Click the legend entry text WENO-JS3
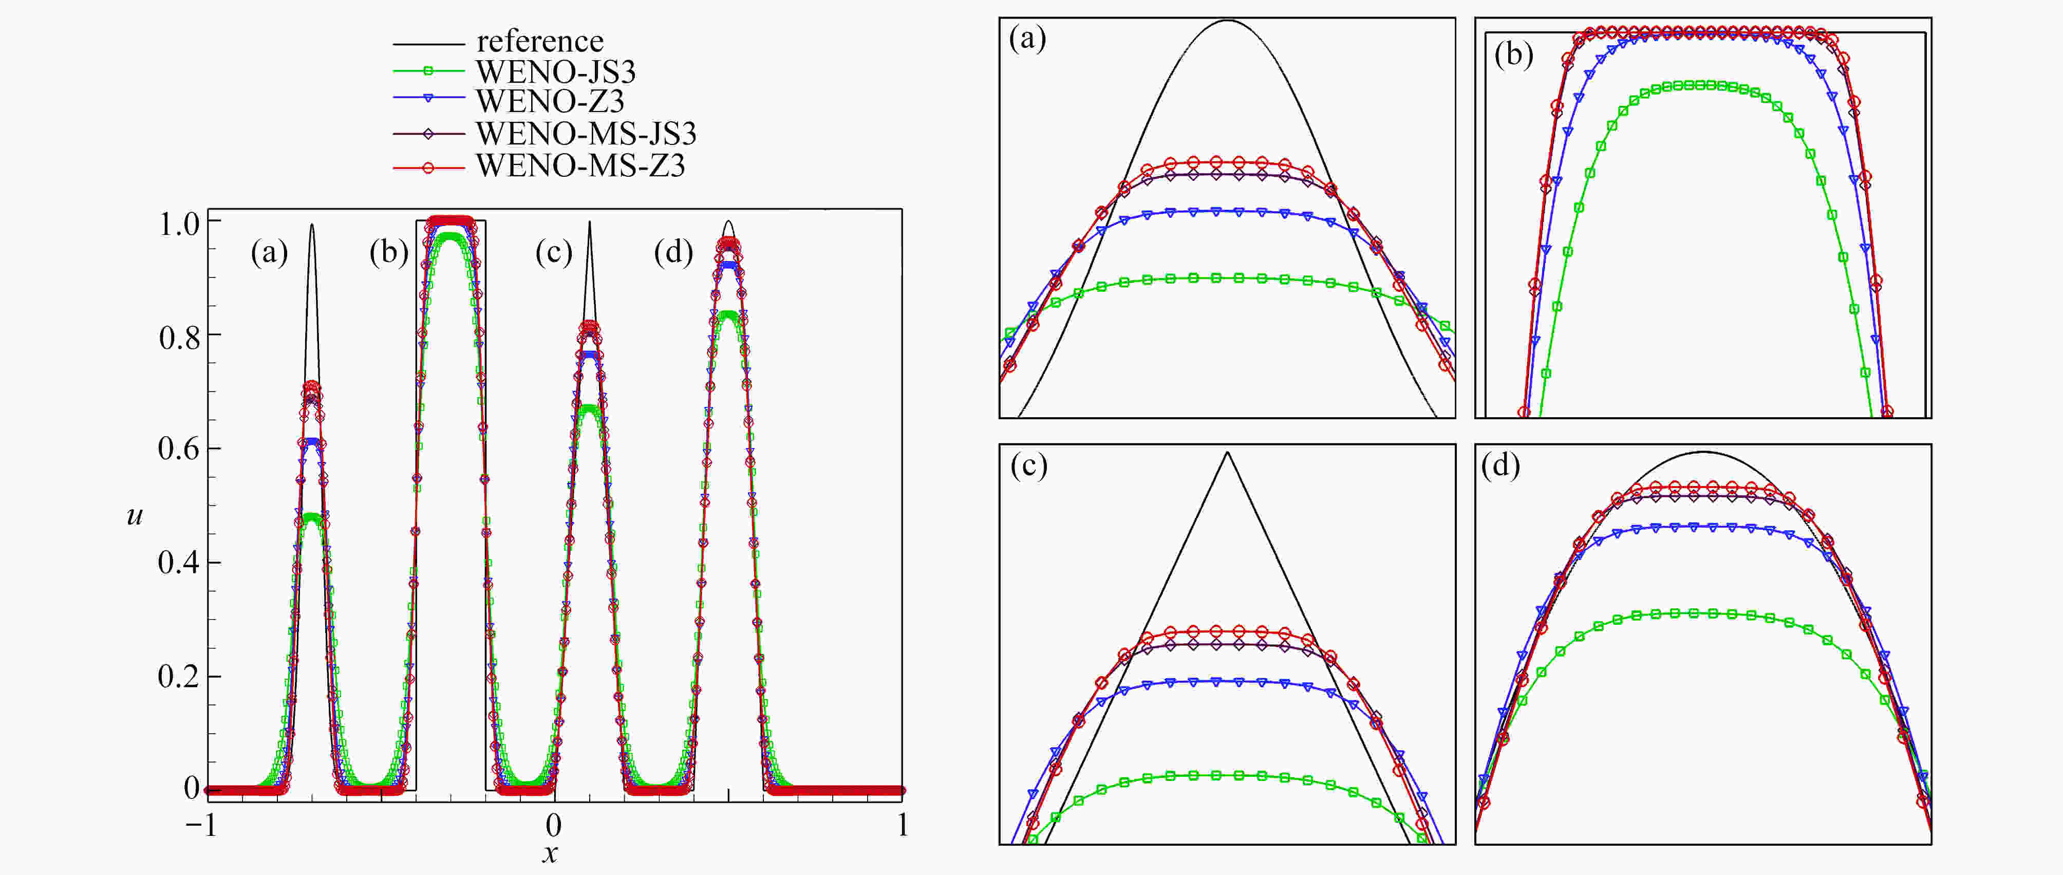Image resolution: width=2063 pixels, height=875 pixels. pos(556,72)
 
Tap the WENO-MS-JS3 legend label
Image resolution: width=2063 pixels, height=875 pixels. pos(586,133)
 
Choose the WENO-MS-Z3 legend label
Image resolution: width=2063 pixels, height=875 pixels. pos(580,165)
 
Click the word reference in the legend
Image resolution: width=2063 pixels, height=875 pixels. pos(540,41)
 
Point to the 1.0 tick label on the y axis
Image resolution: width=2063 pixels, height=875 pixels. pos(179,224)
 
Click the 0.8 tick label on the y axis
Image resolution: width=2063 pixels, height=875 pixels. pos(179,338)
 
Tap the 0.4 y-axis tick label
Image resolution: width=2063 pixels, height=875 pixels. pos(179,563)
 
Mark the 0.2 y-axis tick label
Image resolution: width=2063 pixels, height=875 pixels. pos(179,676)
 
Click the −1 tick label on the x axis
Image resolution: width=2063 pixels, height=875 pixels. pos(201,825)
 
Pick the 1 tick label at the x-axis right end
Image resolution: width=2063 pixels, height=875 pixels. pos(903,825)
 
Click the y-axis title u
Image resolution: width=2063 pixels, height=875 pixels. pos(135,514)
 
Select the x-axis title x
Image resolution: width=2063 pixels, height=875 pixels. pos(549,854)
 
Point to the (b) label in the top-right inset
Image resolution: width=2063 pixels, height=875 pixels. pos(1514,54)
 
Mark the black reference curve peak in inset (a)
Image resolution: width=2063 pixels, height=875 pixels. pos(1227,21)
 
